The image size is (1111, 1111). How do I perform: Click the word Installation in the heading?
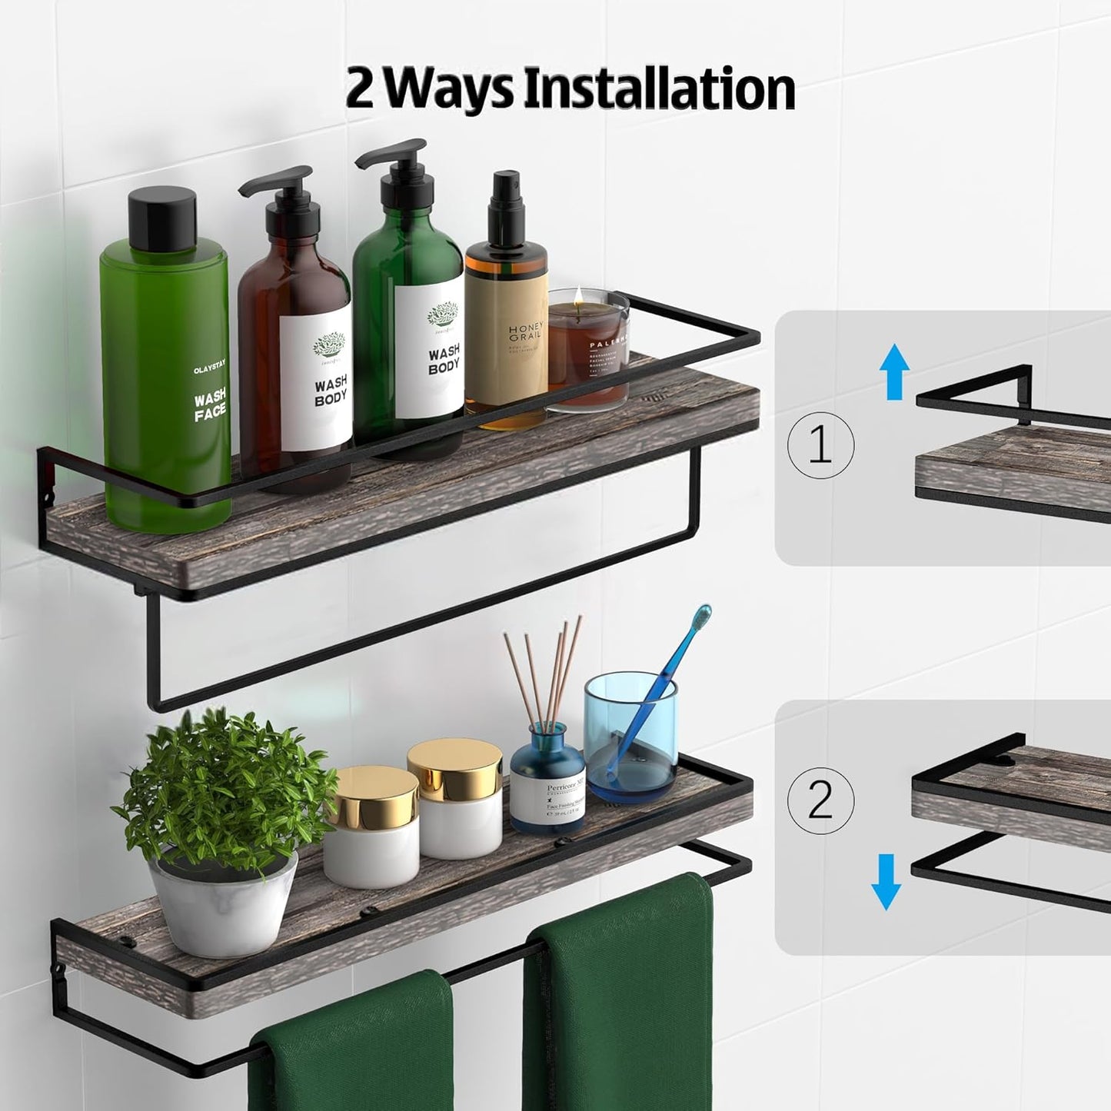pyautogui.click(x=658, y=90)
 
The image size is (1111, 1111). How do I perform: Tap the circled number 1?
pyautogui.click(x=820, y=445)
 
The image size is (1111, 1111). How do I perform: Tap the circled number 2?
pyautogui.click(x=820, y=800)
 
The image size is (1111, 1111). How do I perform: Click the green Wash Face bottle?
pyautogui.click(x=165, y=384)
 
